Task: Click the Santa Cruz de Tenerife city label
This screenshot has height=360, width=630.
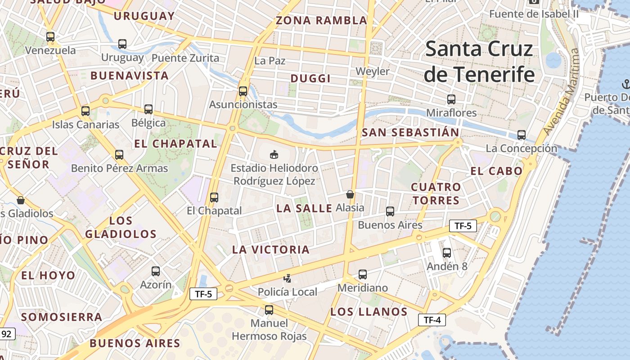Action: pyautogui.click(x=479, y=62)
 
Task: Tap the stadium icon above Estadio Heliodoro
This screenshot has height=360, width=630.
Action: pyautogui.click(x=273, y=154)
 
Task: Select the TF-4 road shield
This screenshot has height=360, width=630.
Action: pyautogui.click(x=432, y=320)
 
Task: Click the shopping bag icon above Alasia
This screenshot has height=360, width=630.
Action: pyautogui.click(x=350, y=194)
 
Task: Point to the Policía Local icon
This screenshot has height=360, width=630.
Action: pyautogui.click(x=287, y=279)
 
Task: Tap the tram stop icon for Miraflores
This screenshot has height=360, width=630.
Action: pyautogui.click(x=451, y=99)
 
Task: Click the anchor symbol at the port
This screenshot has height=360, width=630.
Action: pyautogui.click(x=625, y=83)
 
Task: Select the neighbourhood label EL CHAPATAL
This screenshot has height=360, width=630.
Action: pyautogui.click(x=175, y=144)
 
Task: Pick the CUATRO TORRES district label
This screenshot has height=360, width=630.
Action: pyautogui.click(x=436, y=193)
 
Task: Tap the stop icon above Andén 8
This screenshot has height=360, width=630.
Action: pyautogui.click(x=446, y=253)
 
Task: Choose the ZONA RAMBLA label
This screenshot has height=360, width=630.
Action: pyautogui.click(x=321, y=21)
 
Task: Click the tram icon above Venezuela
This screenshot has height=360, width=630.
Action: pyautogui.click(x=50, y=37)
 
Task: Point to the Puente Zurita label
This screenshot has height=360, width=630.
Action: pyautogui.click(x=185, y=58)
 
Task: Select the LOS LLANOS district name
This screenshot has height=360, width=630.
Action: pyautogui.click(x=369, y=312)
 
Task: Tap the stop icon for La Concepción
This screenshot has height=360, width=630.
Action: pyautogui.click(x=521, y=135)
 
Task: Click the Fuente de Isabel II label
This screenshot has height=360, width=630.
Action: pyautogui.click(x=534, y=14)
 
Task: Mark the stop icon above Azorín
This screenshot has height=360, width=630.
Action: pyautogui.click(x=155, y=271)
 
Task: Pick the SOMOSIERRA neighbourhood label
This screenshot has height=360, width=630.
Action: pyautogui.click(x=62, y=317)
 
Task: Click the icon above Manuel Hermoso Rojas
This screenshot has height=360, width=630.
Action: pyautogui.click(x=269, y=310)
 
